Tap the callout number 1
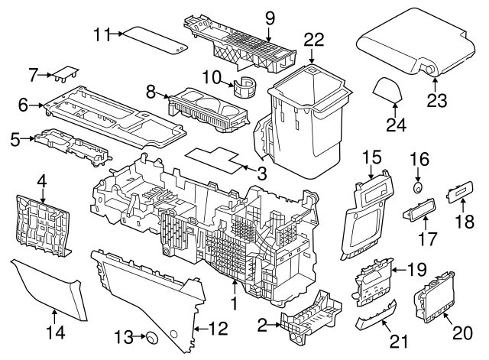click(235, 304)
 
